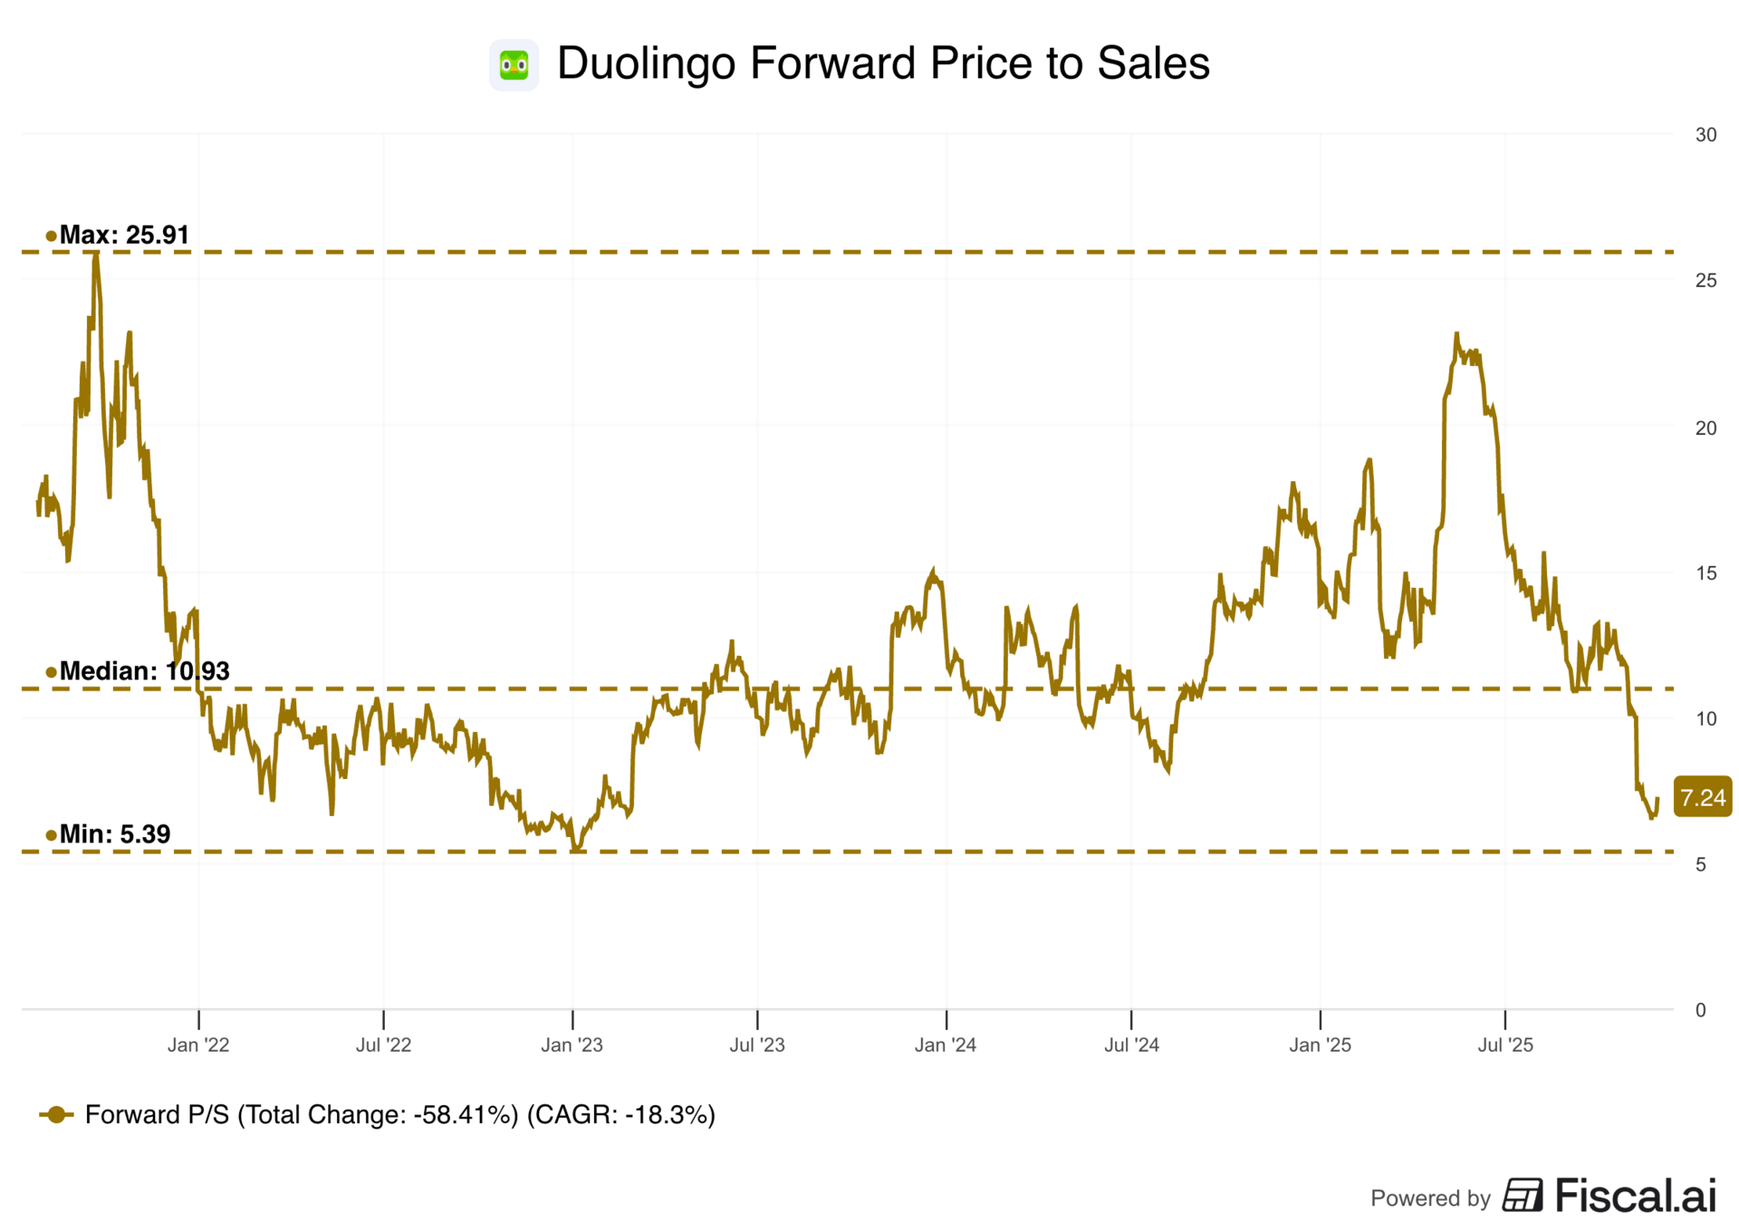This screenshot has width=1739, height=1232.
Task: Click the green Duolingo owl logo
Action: click(x=514, y=64)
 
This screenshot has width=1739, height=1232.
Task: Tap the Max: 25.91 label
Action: click(x=124, y=236)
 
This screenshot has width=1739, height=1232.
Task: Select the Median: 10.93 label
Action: click(x=144, y=671)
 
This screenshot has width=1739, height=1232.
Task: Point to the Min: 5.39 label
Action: click(x=114, y=834)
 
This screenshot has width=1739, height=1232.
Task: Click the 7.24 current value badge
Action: click(x=1702, y=798)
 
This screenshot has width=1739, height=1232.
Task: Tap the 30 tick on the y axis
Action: click(x=1705, y=135)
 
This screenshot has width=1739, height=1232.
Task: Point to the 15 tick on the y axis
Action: click(x=1705, y=573)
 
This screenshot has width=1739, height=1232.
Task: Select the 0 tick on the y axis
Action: click(x=1700, y=1010)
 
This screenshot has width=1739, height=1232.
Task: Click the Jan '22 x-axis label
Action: click(x=198, y=1045)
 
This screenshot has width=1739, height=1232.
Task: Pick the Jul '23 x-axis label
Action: click(x=757, y=1045)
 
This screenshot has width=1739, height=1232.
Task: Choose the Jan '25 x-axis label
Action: click(x=1320, y=1045)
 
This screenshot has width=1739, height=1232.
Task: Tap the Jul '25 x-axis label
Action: click(x=1505, y=1045)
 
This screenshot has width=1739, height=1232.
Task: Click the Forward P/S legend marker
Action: click(x=56, y=1115)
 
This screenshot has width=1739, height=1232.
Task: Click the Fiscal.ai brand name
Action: click(x=1635, y=1196)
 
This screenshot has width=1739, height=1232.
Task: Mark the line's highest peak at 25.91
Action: click(x=95, y=255)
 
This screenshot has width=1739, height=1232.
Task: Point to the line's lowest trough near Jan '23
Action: click(x=576, y=849)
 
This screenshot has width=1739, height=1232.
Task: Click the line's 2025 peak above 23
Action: click(x=1456, y=334)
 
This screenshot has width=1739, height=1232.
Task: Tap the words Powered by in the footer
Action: click(x=1429, y=1198)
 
